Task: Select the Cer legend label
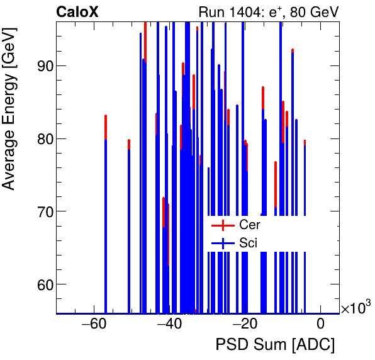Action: pyautogui.click(x=249, y=225)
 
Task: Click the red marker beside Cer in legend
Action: pyautogui.click(x=222, y=225)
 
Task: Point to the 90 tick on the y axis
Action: pyautogui.click(x=42, y=65)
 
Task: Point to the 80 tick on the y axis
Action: pyautogui.click(x=42, y=138)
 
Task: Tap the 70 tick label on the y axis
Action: pyautogui.click(x=42, y=211)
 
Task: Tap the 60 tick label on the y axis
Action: pyautogui.click(x=42, y=284)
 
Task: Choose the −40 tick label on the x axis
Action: pyautogui.click(x=169, y=325)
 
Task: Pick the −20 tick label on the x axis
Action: pyautogui.click(x=244, y=325)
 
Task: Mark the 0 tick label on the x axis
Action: pyautogui.click(x=320, y=325)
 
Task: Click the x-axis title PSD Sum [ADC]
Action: pyautogui.click(x=275, y=346)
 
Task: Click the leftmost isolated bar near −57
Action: pyautogui.click(x=106, y=214)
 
